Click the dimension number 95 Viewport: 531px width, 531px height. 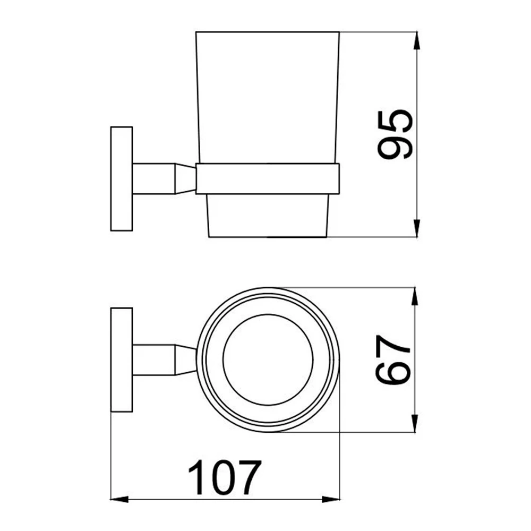(395, 134)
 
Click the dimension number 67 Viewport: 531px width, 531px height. (393, 359)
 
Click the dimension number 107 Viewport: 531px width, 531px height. (225, 477)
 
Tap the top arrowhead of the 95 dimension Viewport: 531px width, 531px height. (417, 41)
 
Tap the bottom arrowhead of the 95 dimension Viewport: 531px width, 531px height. (417, 228)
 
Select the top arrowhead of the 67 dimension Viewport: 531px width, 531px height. (415, 296)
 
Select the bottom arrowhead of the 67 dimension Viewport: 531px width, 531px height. (415, 423)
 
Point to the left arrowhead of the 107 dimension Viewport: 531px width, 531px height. (119, 499)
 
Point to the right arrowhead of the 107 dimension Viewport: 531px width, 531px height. (330, 499)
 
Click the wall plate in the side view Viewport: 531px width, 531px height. (122, 179)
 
